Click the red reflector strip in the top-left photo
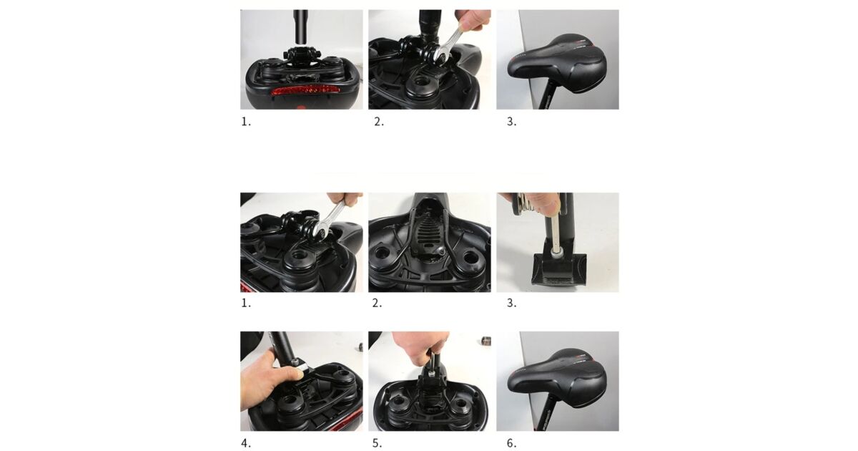pyautogui.click(x=305, y=91)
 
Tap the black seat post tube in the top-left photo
pyautogui.click(x=300, y=26)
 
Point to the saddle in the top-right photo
pyautogui.click(x=557, y=63)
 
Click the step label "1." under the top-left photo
pyautogui.click(x=246, y=122)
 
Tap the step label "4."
pyautogui.click(x=246, y=443)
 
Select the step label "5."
pyautogui.click(x=378, y=443)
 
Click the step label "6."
pyautogui.click(x=512, y=443)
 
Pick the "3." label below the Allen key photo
pyautogui.click(x=512, y=303)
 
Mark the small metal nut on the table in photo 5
pyautogui.click(x=485, y=341)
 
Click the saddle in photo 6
pyautogui.click(x=557, y=384)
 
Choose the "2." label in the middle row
pyautogui.click(x=378, y=303)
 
